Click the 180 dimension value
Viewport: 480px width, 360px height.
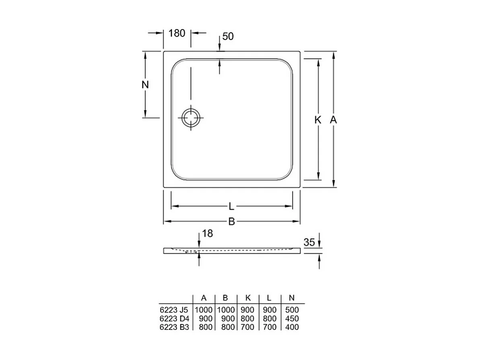click(x=177, y=33)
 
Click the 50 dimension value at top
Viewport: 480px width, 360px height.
click(x=228, y=36)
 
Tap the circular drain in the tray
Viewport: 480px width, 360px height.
click(x=191, y=118)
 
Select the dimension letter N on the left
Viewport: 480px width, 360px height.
click(x=145, y=85)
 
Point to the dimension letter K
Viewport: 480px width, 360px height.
click(x=318, y=120)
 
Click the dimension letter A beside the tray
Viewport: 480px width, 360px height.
click(x=333, y=120)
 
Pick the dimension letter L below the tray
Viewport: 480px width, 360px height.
click(x=231, y=207)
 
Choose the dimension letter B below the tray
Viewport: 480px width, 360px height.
click(x=231, y=222)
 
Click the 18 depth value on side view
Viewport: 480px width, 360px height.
click(x=208, y=233)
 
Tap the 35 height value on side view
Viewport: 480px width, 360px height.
click(x=309, y=242)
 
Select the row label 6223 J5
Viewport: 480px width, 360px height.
click(x=174, y=310)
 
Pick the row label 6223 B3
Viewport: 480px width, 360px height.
click(x=174, y=327)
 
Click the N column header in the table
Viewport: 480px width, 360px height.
click(x=292, y=298)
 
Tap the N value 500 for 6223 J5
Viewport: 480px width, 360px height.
click(x=292, y=310)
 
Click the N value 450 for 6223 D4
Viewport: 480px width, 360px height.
click(x=292, y=319)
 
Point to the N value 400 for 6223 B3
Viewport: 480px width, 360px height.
click(x=292, y=327)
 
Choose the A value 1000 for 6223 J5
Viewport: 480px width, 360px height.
click(x=204, y=310)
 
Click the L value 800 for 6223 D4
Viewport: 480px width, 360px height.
click(x=269, y=319)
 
